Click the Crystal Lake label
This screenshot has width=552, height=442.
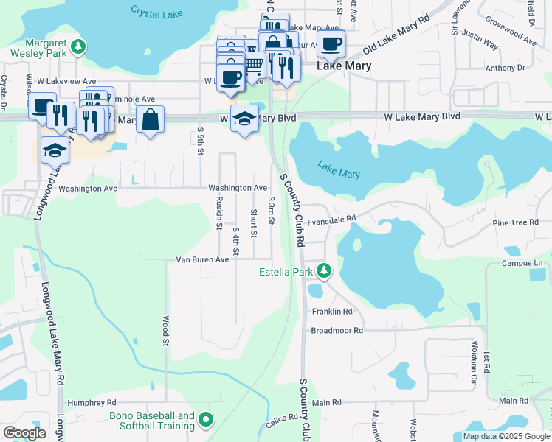point(155,12)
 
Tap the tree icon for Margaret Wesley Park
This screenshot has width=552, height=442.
point(78,48)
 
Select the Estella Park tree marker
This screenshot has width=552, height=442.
point(323,272)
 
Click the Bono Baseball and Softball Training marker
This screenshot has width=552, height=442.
point(205,421)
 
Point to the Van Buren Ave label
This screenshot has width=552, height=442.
point(202,259)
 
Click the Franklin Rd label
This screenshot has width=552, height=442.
point(331,312)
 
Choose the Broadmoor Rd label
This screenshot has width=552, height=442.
point(337,331)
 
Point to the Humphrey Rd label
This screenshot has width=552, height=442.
point(92,403)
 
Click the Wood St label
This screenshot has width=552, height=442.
point(166,329)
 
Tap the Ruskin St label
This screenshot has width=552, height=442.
point(219,214)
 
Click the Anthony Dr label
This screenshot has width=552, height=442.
point(505,68)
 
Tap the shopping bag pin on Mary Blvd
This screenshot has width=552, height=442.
point(150,119)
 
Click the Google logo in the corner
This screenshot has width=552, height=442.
point(24,433)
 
